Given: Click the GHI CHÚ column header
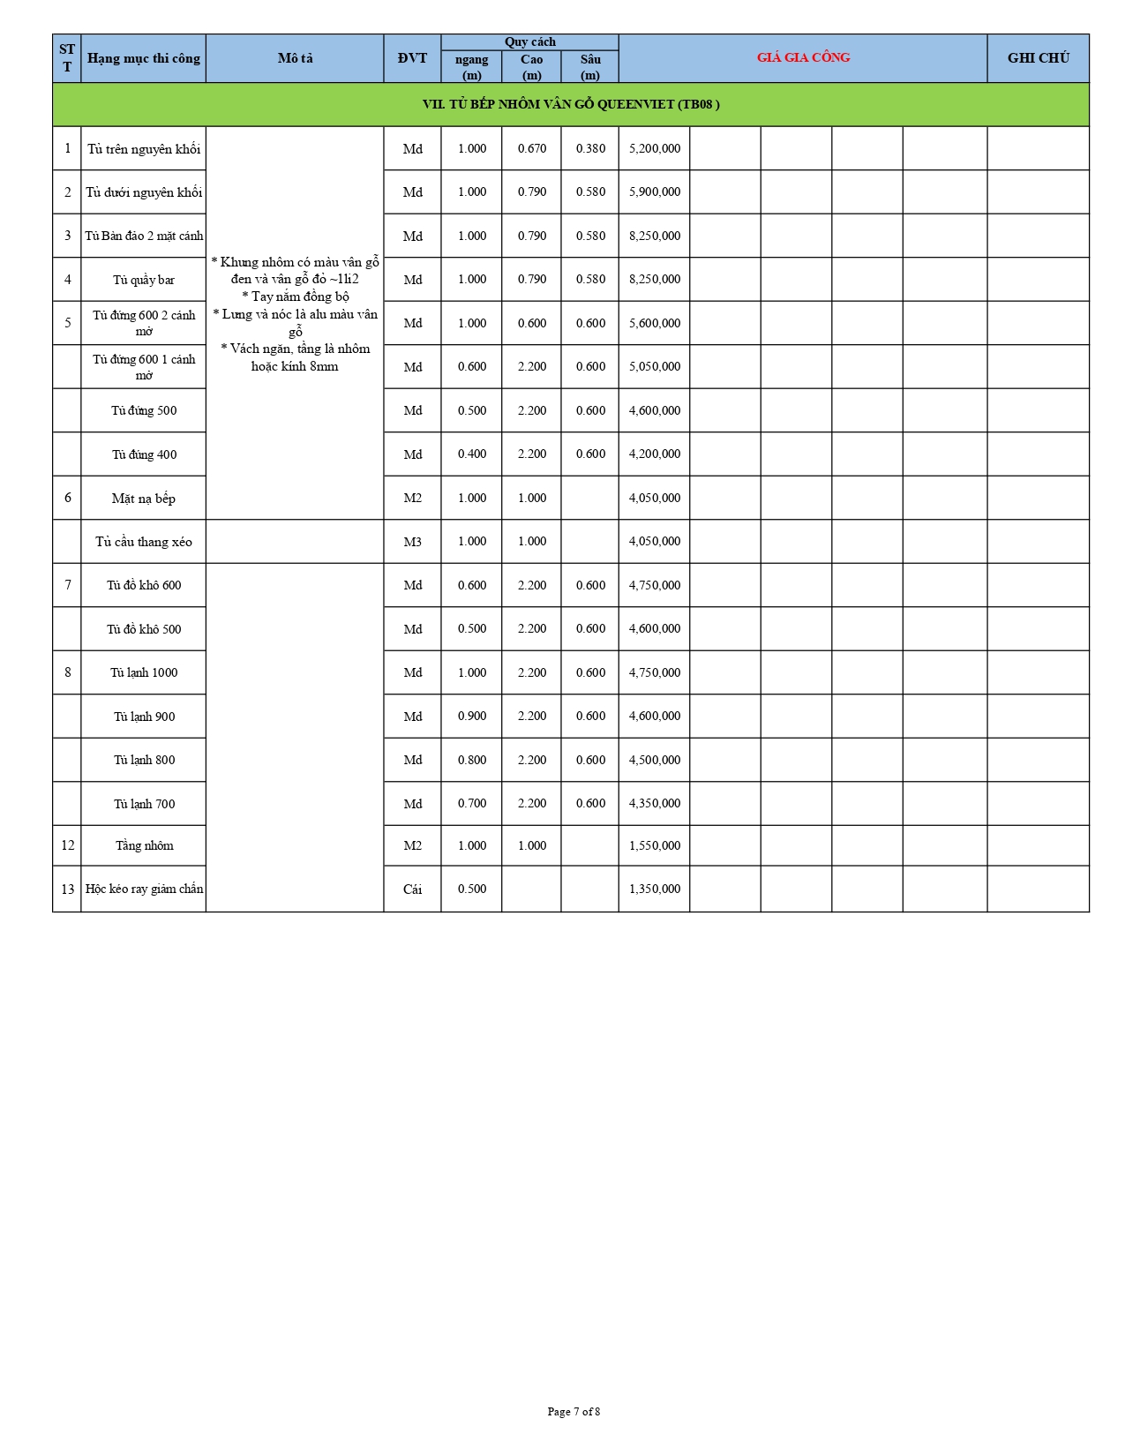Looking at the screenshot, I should coord(1038,58).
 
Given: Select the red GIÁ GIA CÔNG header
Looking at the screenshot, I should coord(803,57).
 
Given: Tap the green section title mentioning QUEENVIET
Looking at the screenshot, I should coord(571,104).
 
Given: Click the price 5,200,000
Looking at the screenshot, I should coord(654,148).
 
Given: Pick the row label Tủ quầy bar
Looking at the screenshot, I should coord(144,280).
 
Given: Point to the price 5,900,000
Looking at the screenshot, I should coord(654,191).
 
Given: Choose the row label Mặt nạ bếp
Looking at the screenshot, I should coord(144,499).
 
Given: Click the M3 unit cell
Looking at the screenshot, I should coord(412,542).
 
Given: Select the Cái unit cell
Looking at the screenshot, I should coord(412,889).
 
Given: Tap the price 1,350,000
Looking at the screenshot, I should coord(654,889).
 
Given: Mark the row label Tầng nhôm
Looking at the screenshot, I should coord(144,845).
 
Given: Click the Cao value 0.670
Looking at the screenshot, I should coord(531,148).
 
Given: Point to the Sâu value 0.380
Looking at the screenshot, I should coord(590,148).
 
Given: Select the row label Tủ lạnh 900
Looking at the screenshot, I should coord(144,717).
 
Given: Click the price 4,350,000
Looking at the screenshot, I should coord(654,804).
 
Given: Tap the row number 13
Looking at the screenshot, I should coord(67,889).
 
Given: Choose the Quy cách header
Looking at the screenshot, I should coord(529,41).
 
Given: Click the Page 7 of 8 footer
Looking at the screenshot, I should coord(574,1412).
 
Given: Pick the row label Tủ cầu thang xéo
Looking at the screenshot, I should coord(144,542).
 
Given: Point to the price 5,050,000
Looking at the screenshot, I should coord(654,366).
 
